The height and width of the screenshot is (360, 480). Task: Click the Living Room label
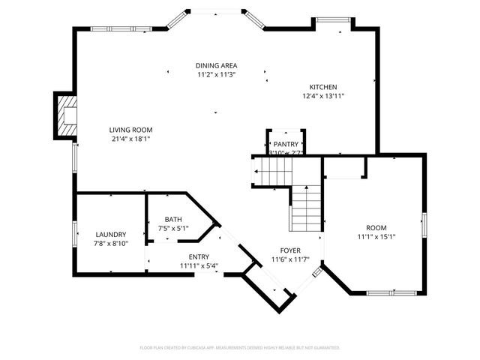[131, 130]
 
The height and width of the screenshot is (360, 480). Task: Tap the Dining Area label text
[217, 66]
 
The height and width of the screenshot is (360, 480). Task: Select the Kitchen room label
[324, 87]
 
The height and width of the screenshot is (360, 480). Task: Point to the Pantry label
[286, 144]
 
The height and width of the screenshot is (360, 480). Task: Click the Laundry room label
[110, 234]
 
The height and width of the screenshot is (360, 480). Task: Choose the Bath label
[173, 220]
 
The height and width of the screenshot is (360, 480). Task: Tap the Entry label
[199, 256]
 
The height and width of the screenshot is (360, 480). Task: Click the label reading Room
[376, 228]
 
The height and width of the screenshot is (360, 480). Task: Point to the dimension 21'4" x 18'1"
[131, 139]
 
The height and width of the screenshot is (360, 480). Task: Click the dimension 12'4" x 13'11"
[324, 96]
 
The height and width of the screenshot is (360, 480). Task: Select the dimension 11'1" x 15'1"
[376, 237]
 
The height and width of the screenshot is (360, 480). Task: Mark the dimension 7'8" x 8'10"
[110, 243]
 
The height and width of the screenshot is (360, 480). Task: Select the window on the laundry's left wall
[73, 233]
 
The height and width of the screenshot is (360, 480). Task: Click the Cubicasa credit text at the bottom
[240, 348]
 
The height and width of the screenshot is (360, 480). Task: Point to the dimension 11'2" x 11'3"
[217, 75]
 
